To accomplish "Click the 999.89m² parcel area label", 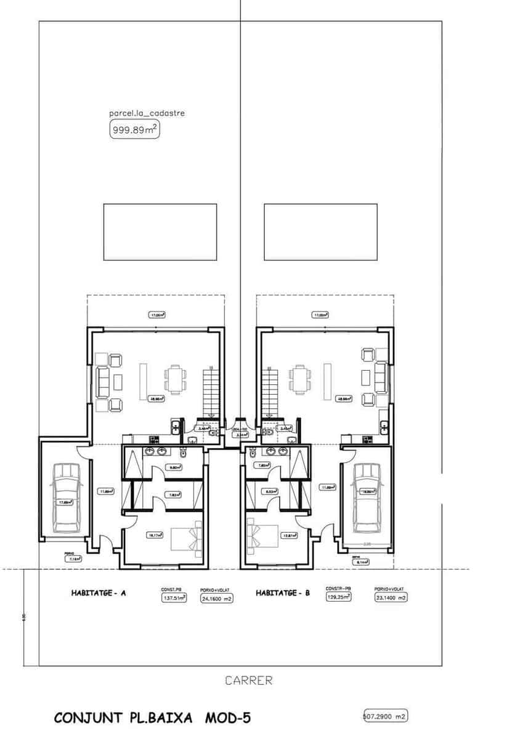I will [134, 129].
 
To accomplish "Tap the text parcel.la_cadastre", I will [147, 113].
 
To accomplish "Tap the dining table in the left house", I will [175, 380].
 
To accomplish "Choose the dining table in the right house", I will [300, 380].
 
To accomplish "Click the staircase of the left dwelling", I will [211, 390].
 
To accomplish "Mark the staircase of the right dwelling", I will [270, 390].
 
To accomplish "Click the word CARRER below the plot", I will [248, 680].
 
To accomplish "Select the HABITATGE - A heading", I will [95, 594].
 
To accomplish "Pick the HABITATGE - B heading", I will [283, 594].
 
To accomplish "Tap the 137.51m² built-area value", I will [174, 597].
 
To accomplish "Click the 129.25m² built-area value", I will [338, 597].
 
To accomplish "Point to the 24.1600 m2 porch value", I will [216, 598].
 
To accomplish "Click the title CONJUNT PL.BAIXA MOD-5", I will [153, 717].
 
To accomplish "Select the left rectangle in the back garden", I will [160, 232].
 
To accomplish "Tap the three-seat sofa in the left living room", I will [102, 380].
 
